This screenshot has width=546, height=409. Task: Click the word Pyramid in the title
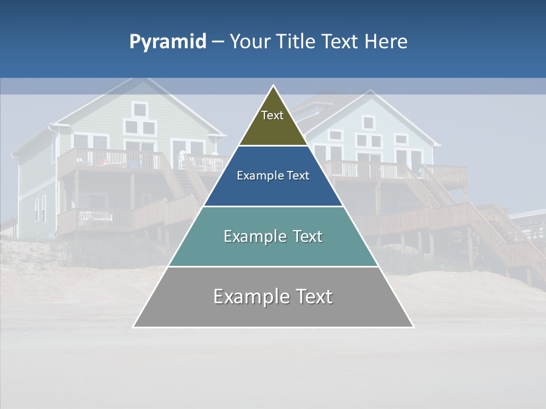pyautogui.click(x=167, y=41)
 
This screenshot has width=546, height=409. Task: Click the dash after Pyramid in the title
pyautogui.click(x=217, y=42)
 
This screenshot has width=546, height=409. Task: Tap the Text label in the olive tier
pyautogui.click(x=272, y=115)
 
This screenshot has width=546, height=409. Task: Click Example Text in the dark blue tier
pyautogui.click(x=273, y=176)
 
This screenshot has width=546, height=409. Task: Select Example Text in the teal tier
pyautogui.click(x=273, y=236)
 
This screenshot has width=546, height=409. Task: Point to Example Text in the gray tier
pyautogui.click(x=273, y=297)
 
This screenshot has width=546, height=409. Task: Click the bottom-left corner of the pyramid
pyautogui.click(x=134, y=327)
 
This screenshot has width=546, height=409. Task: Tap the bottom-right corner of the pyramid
pyautogui.click(x=413, y=327)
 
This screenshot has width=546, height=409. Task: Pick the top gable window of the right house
pyautogui.click(x=369, y=122)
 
